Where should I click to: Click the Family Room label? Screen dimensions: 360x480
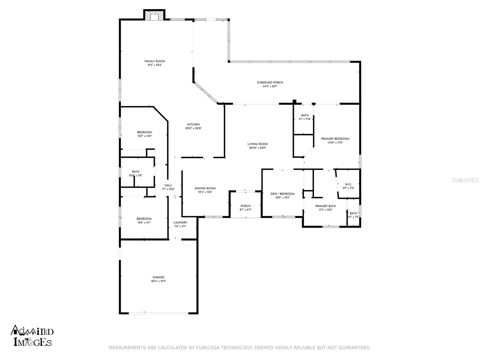coord(154,61)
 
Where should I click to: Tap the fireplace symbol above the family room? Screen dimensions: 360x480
coord(154,15)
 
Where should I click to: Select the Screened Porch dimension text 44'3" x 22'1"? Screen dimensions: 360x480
coord(270,86)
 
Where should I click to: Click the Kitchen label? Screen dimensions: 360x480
coord(193,124)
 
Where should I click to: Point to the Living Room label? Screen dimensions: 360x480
coord(257,144)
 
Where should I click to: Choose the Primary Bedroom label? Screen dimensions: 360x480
coord(335,139)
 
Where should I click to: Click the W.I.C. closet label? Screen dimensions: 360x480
coord(348,184)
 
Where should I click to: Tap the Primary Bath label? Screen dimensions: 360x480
coord(325,206)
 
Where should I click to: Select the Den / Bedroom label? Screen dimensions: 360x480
coord(282,194)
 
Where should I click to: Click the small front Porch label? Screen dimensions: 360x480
coord(245,206)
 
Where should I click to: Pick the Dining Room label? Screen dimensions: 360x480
coord(205,188)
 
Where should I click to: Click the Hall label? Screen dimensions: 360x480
coord(168,185)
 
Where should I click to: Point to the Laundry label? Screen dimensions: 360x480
coord(180,223)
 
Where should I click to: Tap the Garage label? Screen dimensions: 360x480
coord(158,277)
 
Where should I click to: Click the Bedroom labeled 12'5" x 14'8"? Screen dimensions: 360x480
coord(144,132)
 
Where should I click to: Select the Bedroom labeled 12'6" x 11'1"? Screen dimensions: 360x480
coord(144,219)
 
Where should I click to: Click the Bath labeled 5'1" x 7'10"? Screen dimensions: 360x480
coord(305,115)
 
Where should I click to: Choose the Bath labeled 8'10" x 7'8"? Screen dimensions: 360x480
coord(135,172)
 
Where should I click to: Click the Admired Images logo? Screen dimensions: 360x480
coord(32,335)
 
